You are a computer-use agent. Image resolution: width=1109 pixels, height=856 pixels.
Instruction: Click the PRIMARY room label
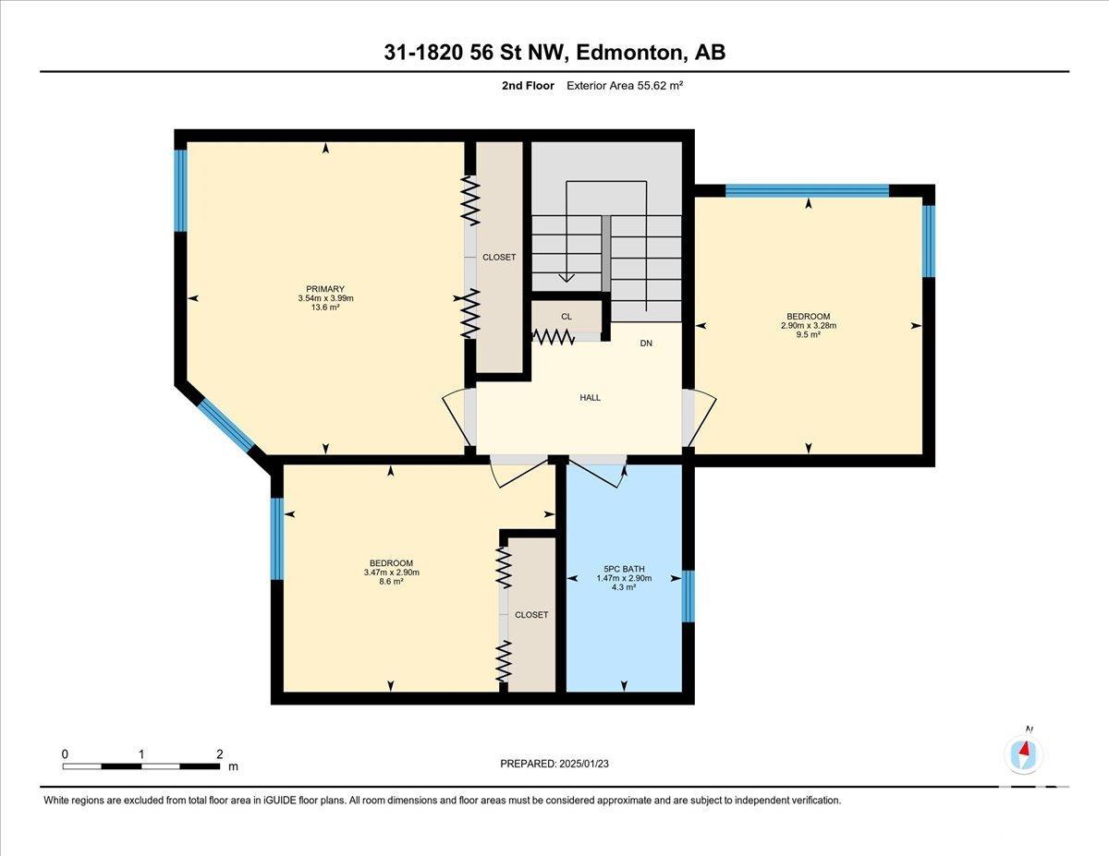tap(325, 288)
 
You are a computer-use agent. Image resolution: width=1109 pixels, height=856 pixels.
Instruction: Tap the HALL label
tap(590, 398)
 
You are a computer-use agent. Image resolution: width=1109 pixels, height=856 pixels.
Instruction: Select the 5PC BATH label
tap(624, 569)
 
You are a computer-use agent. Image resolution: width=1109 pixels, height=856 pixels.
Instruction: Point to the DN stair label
tap(646, 344)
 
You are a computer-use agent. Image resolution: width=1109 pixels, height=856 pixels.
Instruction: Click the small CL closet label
tap(567, 317)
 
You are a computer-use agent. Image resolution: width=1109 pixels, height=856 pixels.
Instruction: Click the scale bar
tap(141, 766)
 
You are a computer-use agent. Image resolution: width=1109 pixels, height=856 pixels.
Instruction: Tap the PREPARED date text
tap(554, 764)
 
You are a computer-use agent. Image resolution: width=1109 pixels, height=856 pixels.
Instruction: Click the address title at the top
tap(554, 53)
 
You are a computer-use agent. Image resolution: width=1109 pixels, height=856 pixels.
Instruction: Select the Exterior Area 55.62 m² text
tap(625, 86)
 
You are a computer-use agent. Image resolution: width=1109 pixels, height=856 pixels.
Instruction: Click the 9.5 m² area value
tap(809, 334)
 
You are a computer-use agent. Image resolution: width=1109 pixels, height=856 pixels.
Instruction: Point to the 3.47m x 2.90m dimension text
tap(392, 572)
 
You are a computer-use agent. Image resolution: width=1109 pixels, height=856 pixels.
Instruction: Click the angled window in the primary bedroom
tap(225, 426)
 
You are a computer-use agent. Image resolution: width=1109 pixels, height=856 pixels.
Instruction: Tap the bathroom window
tap(689, 596)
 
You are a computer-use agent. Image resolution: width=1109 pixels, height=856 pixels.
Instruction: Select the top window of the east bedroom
tap(808, 190)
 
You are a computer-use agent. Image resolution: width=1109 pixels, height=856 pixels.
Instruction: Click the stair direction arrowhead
tap(567, 278)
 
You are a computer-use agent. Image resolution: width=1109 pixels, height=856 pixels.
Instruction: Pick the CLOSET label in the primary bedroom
tap(499, 258)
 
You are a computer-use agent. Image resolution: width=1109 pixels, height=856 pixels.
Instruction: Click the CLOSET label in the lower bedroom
tap(531, 615)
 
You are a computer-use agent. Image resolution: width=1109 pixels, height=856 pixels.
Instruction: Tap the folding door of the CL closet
tap(554, 336)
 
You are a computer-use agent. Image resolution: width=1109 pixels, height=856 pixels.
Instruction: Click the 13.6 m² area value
tap(325, 307)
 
